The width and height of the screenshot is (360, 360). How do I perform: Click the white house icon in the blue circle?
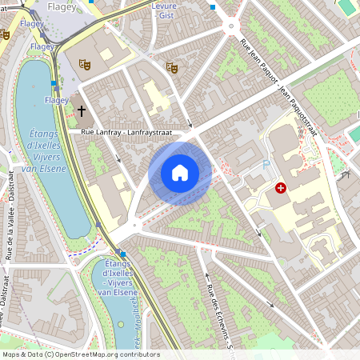[180, 173]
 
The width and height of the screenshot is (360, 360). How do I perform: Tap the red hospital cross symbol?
[281, 188]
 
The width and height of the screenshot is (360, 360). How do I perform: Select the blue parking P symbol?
[266, 165]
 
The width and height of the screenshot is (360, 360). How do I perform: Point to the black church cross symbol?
[82, 110]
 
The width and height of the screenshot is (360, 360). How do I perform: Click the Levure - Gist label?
[162, 10]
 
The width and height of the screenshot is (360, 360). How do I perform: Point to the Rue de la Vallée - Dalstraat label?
[10, 215]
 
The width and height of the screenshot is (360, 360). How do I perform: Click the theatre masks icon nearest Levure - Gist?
[170, 67]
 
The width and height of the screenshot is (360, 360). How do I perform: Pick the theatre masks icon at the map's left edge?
[5, 35]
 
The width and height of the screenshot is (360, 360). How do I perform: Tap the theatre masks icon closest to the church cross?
[86, 63]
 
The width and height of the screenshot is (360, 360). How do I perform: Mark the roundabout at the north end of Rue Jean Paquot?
[232, 26]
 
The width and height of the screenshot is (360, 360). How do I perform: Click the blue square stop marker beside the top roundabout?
[213, 7]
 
